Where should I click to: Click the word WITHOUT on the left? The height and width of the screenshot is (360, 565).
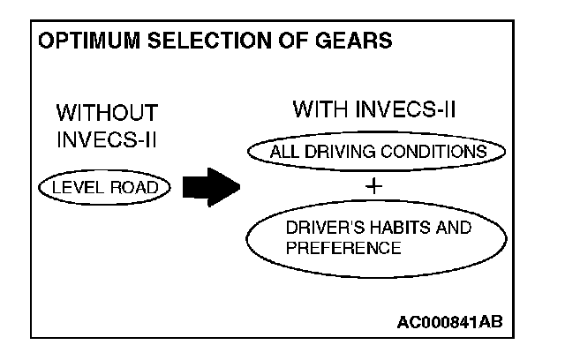tap(107, 113)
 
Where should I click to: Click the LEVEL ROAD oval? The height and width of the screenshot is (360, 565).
tap(102, 188)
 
